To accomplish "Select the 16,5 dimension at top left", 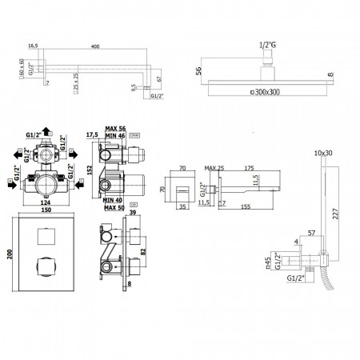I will (34, 46).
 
